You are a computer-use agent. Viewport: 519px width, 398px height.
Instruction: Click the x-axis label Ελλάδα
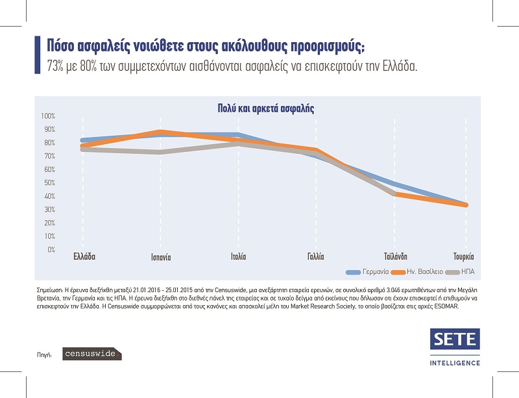pos(84,256)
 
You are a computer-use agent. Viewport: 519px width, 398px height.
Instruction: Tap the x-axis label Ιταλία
pos(238,256)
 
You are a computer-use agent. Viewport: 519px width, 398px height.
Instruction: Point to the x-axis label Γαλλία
pos(315,256)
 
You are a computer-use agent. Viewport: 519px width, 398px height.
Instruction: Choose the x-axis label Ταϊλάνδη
pos(395,256)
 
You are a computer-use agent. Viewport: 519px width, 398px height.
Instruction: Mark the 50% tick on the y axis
pos(49,182)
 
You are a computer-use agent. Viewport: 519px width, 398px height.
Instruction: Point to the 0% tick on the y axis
pos(51,249)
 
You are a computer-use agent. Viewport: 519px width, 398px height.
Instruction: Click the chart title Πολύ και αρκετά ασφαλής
pos(265,108)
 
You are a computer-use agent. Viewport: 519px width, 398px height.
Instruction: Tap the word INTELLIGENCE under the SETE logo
pos(455,362)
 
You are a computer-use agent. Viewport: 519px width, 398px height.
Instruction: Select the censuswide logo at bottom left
pos(91,354)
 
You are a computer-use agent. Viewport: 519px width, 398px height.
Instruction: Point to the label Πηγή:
pos(45,355)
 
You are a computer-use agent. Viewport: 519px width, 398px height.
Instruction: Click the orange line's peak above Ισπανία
pos(160,132)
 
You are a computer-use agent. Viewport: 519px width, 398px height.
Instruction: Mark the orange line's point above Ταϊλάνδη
pos(395,193)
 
